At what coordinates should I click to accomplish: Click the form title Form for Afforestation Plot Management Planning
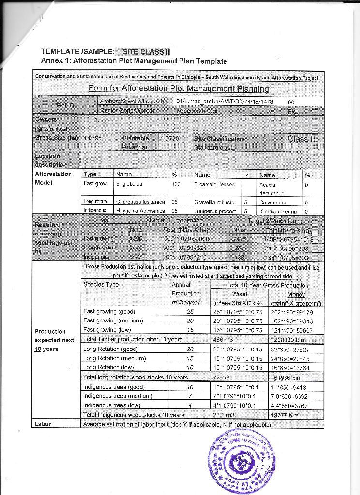point(179,88)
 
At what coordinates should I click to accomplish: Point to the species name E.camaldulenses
point(214,184)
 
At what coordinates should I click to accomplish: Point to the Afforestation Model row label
point(53,178)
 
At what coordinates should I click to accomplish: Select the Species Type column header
point(101,284)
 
